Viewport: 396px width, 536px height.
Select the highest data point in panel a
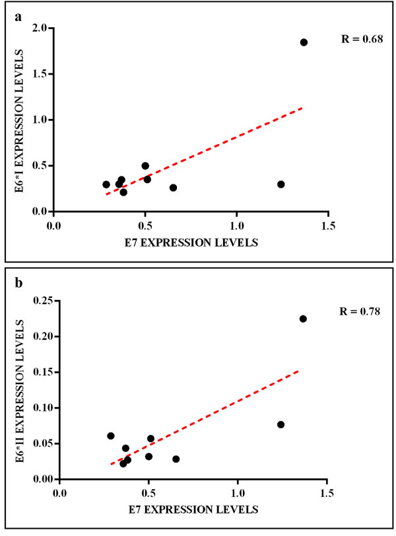tap(304, 42)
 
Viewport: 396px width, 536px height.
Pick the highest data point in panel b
tap(303, 319)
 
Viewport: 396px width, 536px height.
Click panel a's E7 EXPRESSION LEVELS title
tap(191, 241)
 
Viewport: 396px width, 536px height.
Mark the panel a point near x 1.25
tap(280, 184)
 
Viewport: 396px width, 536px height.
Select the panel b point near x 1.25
tap(280, 424)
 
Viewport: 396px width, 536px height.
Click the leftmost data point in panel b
tap(111, 436)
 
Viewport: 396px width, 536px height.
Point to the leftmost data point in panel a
tap(106, 184)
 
